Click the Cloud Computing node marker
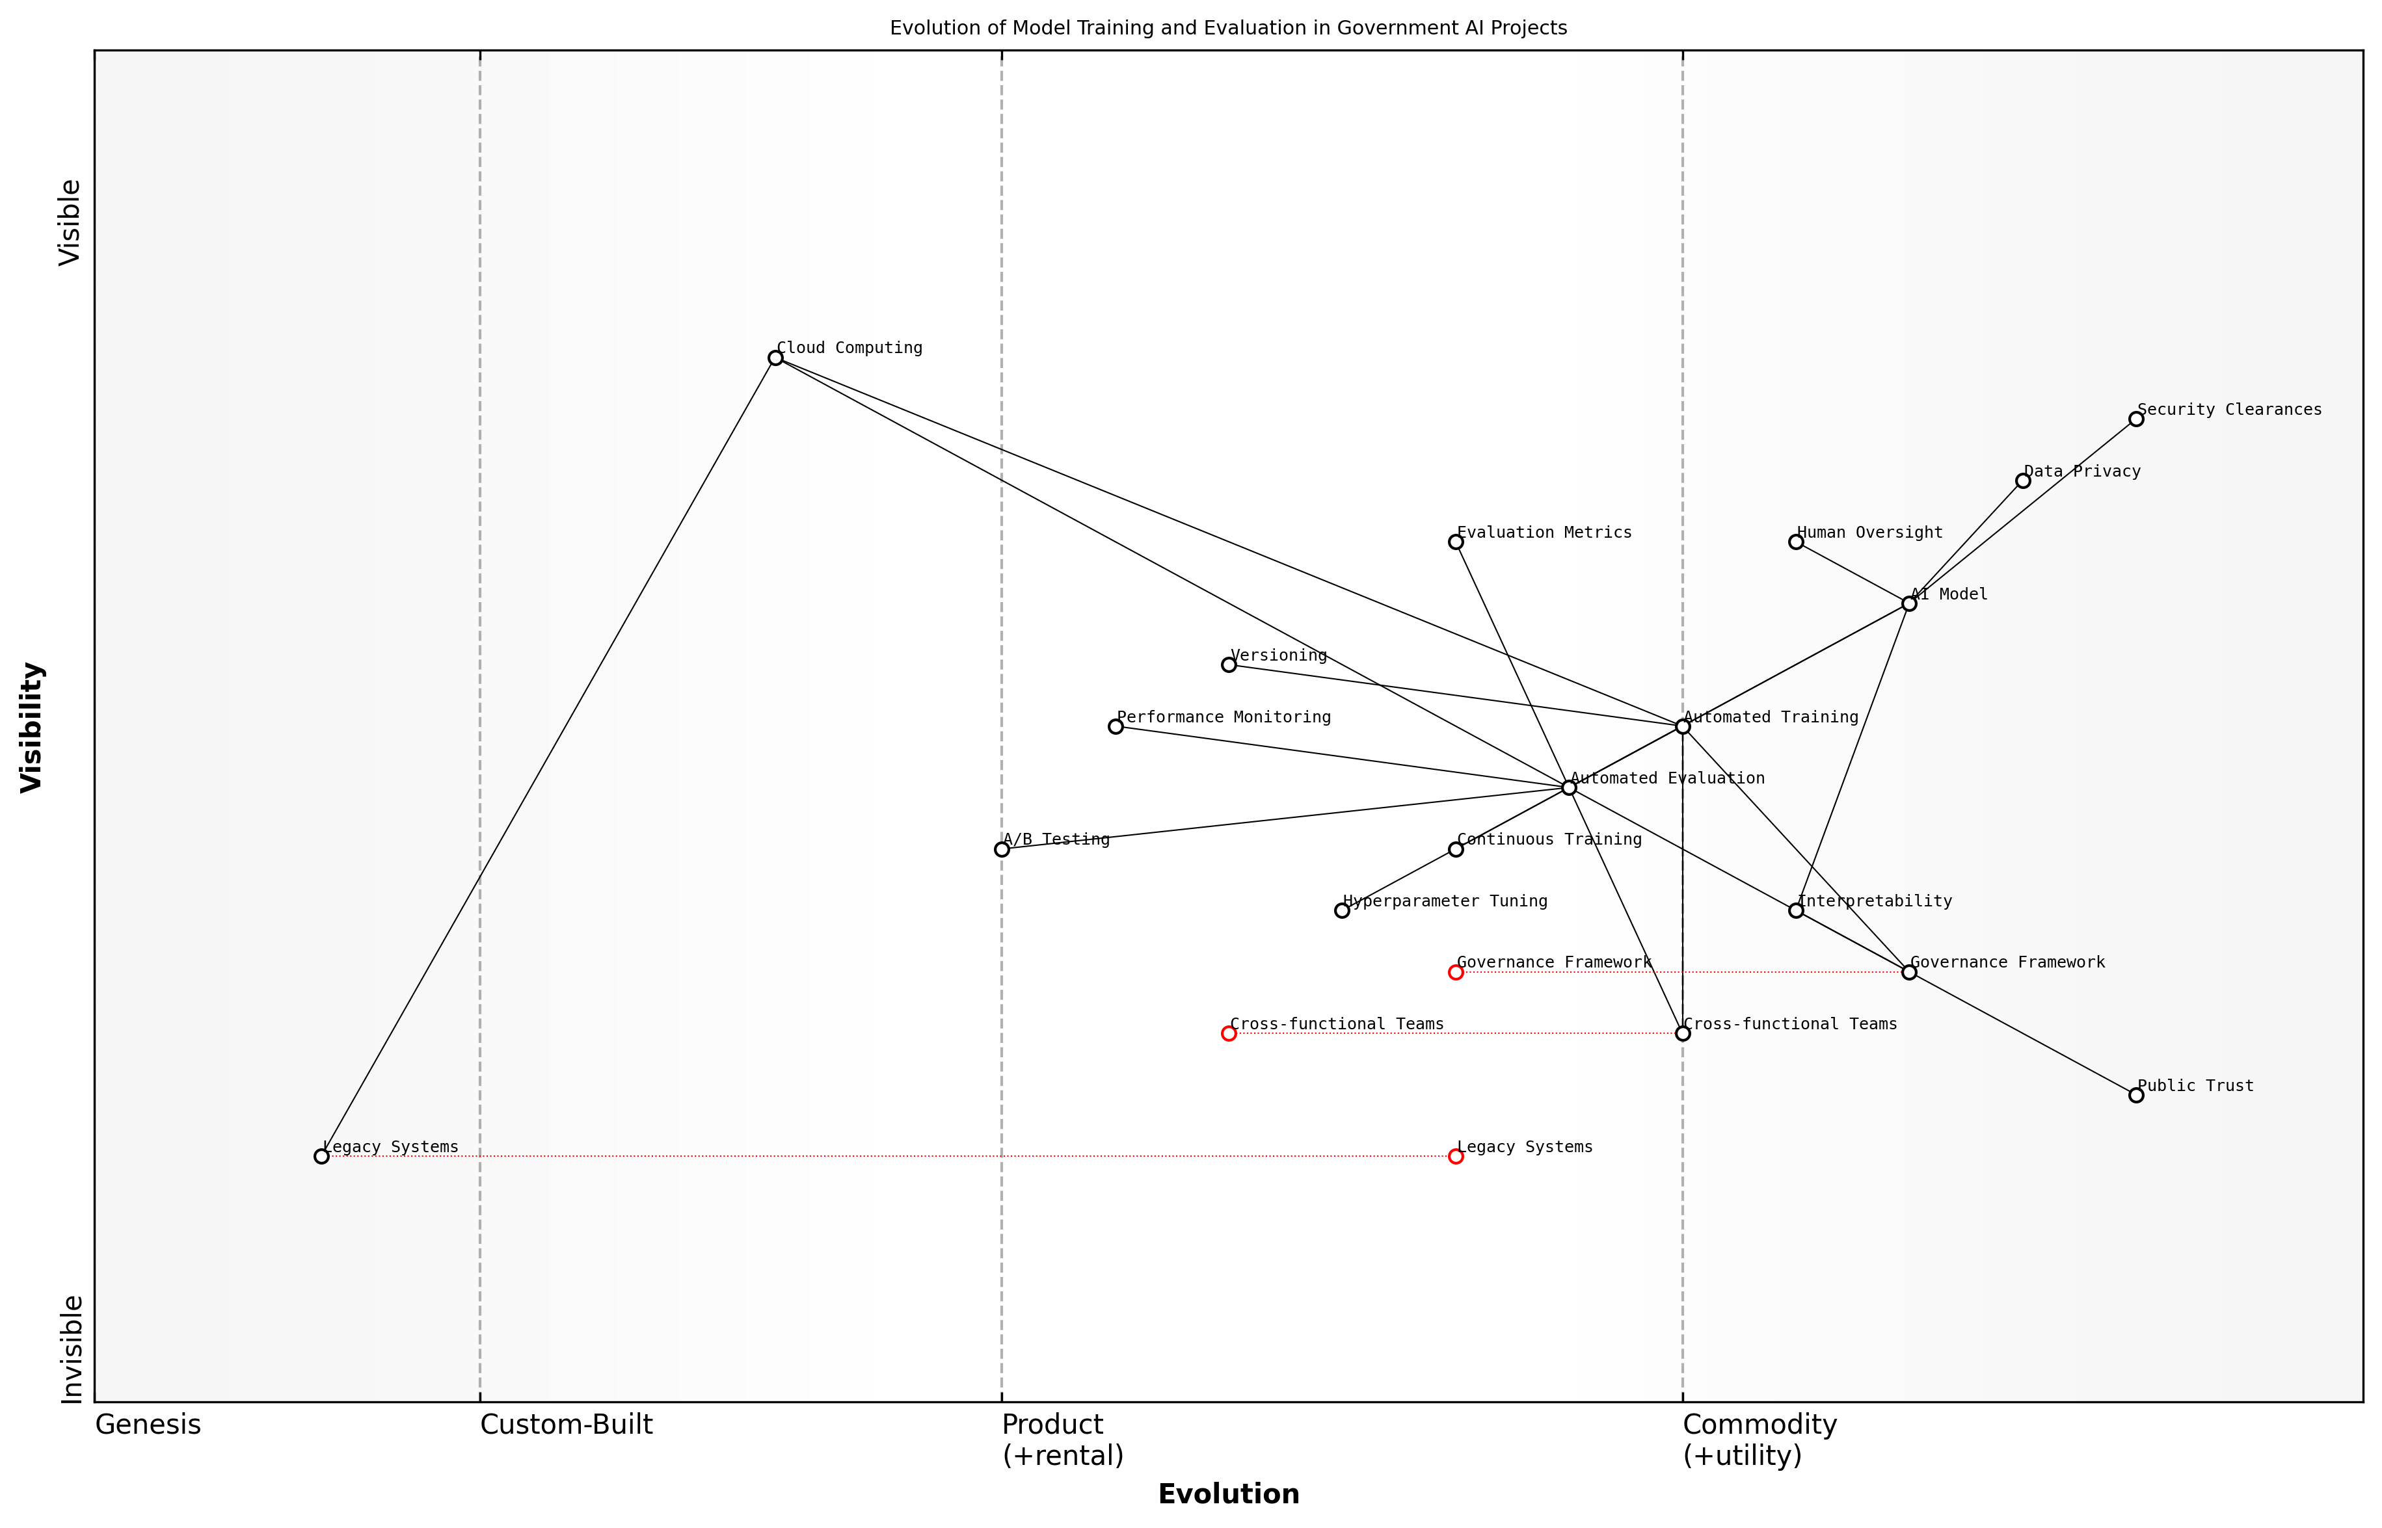[x=775, y=358]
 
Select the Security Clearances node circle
[x=2136, y=419]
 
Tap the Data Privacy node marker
[x=2023, y=481]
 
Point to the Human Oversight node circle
[x=1795, y=542]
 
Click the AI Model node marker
[x=1908, y=603]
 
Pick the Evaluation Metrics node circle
[x=1456, y=542]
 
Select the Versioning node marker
[x=1229, y=665]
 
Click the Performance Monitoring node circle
[x=1116, y=726]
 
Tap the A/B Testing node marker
[x=1002, y=849]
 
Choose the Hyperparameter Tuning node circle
[x=1342, y=911]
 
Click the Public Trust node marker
[x=2136, y=1096]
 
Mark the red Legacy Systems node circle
[x=1456, y=1157]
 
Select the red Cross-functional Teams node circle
[x=1229, y=1034]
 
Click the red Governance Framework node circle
[x=1456, y=972]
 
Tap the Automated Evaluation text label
[x=1667, y=779]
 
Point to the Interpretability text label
[x=1874, y=902]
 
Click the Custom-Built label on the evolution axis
[x=567, y=1426]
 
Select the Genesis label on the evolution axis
[x=148, y=1426]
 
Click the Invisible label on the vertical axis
[x=72, y=1349]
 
